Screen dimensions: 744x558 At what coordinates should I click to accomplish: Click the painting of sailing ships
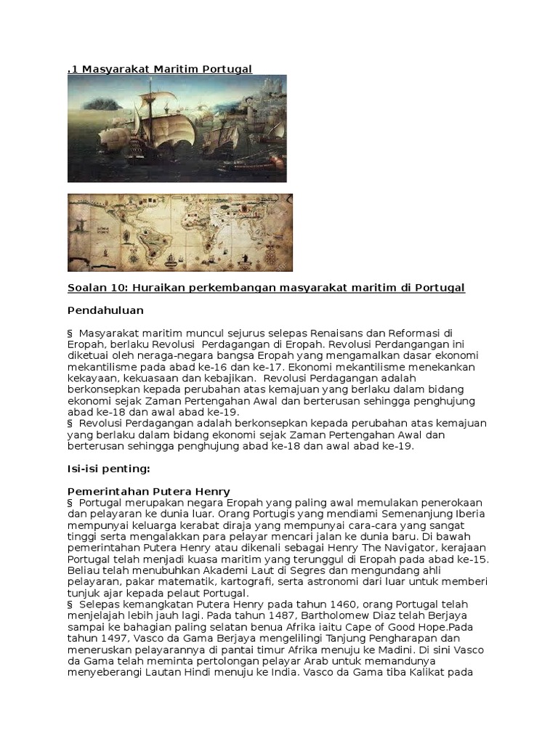(x=177, y=128)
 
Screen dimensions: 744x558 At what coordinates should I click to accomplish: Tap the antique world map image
(x=179, y=232)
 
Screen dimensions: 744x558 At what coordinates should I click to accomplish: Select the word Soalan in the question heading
(x=86, y=288)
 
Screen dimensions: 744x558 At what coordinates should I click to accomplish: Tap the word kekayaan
(x=89, y=379)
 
